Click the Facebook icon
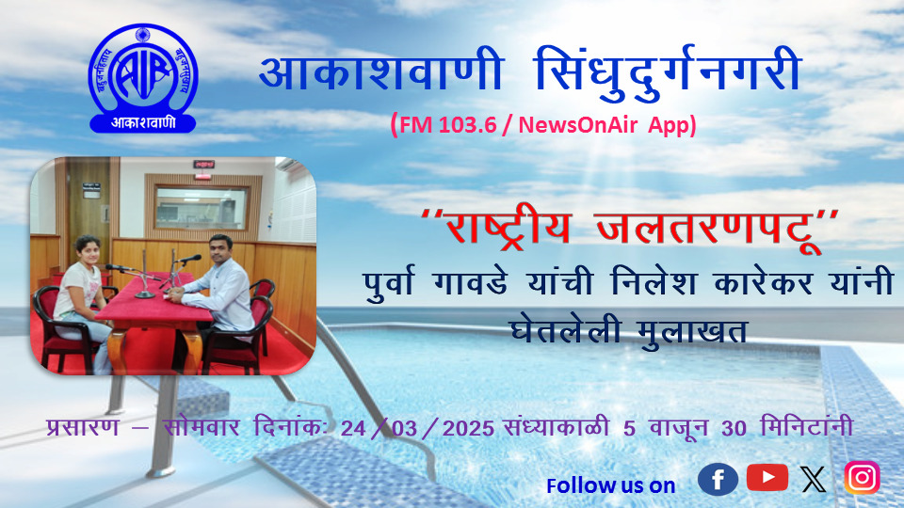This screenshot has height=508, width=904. pos(718,479)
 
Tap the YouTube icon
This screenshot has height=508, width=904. pos(767,477)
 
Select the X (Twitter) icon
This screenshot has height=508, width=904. pos(814,479)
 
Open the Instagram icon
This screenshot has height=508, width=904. pos(863,478)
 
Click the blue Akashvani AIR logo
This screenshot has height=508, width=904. pos(142,78)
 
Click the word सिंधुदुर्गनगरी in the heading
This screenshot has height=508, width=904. pos(667,72)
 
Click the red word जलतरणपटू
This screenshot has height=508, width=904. pos(709,229)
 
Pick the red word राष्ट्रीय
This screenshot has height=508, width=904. pos(508,229)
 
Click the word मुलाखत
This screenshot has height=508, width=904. pos(692,330)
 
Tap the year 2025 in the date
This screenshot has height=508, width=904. pos(468,428)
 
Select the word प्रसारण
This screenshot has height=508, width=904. pos(83,427)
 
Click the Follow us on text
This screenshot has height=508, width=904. pos(610,485)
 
